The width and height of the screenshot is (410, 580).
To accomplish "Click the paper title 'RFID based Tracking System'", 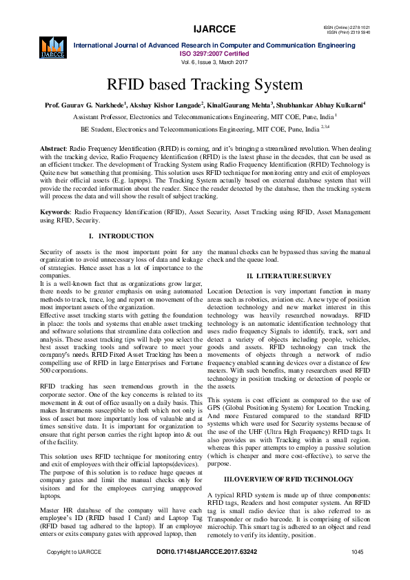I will click(204, 85).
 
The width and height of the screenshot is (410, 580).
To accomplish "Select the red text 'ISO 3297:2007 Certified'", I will click(214, 52).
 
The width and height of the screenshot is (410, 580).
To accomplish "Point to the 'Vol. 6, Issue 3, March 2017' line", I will click(214, 61).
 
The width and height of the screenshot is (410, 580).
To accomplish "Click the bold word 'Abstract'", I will click(53, 149).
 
